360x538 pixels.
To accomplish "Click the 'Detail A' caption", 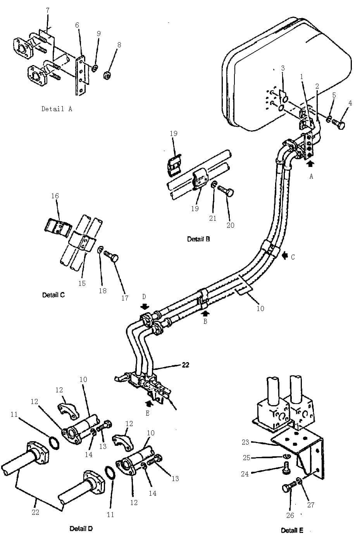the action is pyautogui.click(x=57, y=109).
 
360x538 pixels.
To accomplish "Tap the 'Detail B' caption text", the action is pyautogui.click(x=198, y=239).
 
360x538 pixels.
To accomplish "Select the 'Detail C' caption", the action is pyautogui.click(x=53, y=295).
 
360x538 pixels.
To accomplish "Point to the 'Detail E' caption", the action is pyautogui.click(x=292, y=530).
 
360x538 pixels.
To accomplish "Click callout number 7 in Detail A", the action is pyautogui.click(x=48, y=10).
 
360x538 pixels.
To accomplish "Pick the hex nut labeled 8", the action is pyautogui.click(x=107, y=76).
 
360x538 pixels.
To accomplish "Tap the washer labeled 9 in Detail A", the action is pyautogui.click(x=95, y=68).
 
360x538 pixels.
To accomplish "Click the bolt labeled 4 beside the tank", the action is pyautogui.click(x=338, y=124).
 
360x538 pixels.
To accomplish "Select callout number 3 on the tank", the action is pyautogui.click(x=283, y=68).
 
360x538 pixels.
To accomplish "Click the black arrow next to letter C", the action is pyautogui.click(x=285, y=256).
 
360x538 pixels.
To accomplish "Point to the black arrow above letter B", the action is pyautogui.click(x=205, y=313).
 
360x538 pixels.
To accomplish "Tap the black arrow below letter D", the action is pyautogui.click(x=145, y=306).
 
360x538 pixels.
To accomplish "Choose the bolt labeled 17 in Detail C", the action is pyautogui.click(x=111, y=256).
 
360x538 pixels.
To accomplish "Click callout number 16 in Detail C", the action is pyautogui.click(x=55, y=196).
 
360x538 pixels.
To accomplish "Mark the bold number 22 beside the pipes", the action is pyautogui.click(x=186, y=365).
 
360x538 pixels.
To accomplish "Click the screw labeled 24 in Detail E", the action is pyautogui.click(x=286, y=467).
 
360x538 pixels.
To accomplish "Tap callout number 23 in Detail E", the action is pyautogui.click(x=245, y=442).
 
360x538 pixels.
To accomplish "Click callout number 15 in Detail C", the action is pyautogui.click(x=82, y=283).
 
